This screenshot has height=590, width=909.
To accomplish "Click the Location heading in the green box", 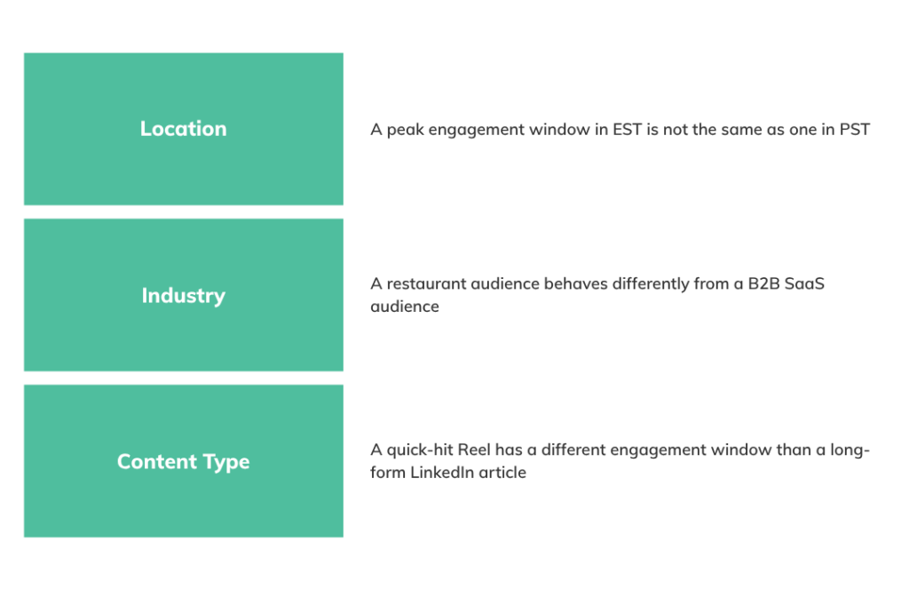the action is (183, 129).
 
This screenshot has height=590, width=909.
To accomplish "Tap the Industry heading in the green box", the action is (183, 296).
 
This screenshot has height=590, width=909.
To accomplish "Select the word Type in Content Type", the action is (226, 462).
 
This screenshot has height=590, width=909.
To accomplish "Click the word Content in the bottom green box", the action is (157, 461).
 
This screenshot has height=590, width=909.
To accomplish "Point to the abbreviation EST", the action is (628, 129).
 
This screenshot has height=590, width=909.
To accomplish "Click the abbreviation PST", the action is (855, 129).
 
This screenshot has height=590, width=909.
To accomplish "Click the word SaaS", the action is (804, 283).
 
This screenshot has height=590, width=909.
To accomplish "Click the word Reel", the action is (474, 450).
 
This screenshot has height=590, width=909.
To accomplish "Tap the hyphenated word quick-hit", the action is (420, 450).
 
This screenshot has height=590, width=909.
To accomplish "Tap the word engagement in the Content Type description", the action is (658, 450).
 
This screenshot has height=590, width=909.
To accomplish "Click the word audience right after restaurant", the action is (505, 283).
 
